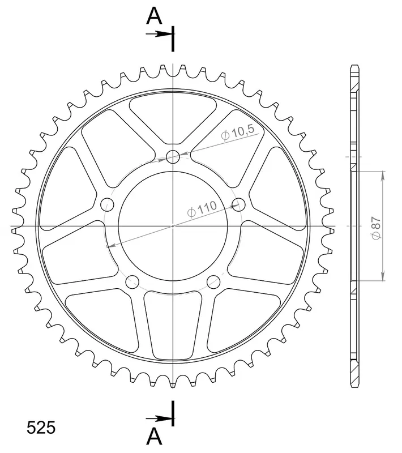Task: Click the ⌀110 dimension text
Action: point(202,209)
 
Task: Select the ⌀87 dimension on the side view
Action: point(377,228)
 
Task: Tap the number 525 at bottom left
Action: point(41,428)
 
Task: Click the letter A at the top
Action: point(155,16)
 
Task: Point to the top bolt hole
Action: point(173,157)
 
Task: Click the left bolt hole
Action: point(107,205)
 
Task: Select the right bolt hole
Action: point(238,205)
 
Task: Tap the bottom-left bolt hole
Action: point(132,281)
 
